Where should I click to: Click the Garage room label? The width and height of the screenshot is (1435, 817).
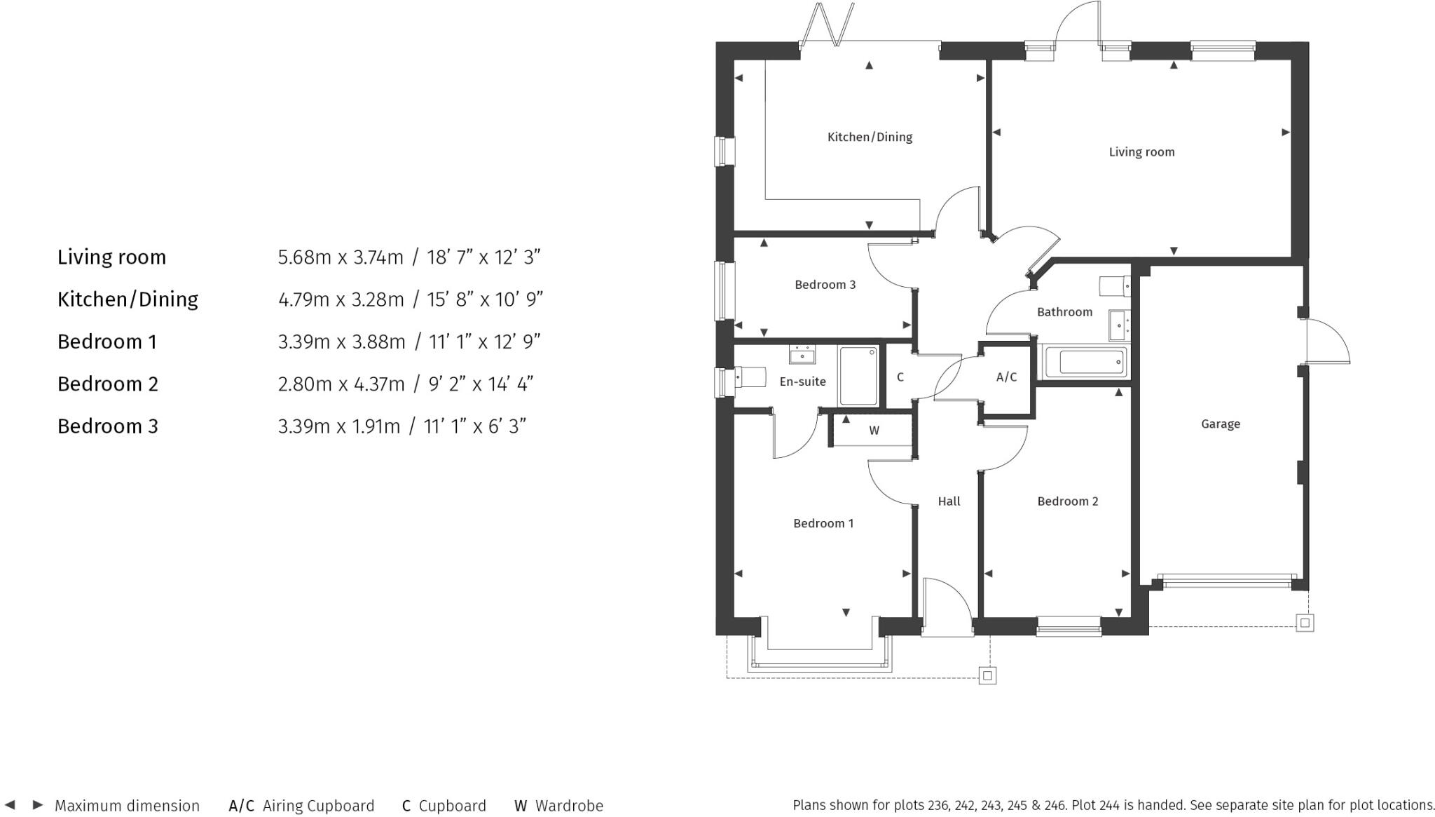(x=1220, y=424)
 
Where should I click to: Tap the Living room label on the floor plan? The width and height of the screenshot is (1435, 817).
(x=1141, y=151)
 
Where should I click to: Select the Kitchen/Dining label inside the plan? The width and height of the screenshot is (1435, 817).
(x=870, y=137)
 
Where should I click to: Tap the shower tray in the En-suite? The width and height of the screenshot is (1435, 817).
(x=858, y=376)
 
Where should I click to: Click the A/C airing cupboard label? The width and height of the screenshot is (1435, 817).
(x=1006, y=377)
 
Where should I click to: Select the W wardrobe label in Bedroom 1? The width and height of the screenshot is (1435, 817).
(x=874, y=431)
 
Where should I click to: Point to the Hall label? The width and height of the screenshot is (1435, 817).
(x=949, y=501)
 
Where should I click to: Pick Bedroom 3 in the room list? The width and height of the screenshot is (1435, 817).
(x=108, y=426)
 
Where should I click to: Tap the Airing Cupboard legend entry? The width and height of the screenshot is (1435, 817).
(x=318, y=806)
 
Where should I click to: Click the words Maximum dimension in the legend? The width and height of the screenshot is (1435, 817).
(x=127, y=806)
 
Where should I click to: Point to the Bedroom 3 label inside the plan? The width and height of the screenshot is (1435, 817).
(x=825, y=285)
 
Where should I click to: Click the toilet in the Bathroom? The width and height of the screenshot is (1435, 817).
(x=1115, y=286)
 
